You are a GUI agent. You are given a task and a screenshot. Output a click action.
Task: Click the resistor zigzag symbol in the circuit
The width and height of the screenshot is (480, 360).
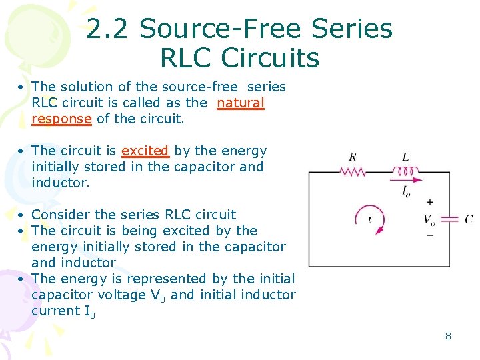point(353,171)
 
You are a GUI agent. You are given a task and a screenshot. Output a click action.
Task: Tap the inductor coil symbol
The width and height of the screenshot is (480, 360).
point(405,171)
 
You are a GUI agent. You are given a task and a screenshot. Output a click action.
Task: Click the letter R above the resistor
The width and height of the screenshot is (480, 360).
point(352,157)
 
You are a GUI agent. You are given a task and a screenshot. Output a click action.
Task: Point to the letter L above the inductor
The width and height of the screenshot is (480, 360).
point(405,157)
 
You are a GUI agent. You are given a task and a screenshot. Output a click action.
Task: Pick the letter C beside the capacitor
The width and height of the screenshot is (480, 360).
point(469,219)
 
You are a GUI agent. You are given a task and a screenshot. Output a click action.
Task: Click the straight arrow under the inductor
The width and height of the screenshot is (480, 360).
point(406,179)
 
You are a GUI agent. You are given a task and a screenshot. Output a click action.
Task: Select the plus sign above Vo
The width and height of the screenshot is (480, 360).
point(430,202)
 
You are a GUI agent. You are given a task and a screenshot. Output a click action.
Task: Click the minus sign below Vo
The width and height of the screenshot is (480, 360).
point(430,235)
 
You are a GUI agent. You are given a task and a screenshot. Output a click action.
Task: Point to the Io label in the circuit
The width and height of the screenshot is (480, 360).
point(406,191)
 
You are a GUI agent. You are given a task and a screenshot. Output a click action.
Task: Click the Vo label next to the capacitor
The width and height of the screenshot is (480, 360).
point(430,219)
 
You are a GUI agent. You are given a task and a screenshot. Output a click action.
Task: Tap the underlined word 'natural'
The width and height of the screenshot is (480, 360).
point(241,103)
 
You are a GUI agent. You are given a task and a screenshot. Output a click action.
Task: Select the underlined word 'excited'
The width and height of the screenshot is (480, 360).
point(145,151)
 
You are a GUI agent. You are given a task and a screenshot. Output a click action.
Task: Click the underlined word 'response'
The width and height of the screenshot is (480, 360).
point(61,119)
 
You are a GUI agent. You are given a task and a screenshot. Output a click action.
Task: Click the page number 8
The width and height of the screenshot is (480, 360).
point(448,336)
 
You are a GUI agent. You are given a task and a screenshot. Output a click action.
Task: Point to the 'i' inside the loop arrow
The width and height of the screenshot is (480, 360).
point(369,218)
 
